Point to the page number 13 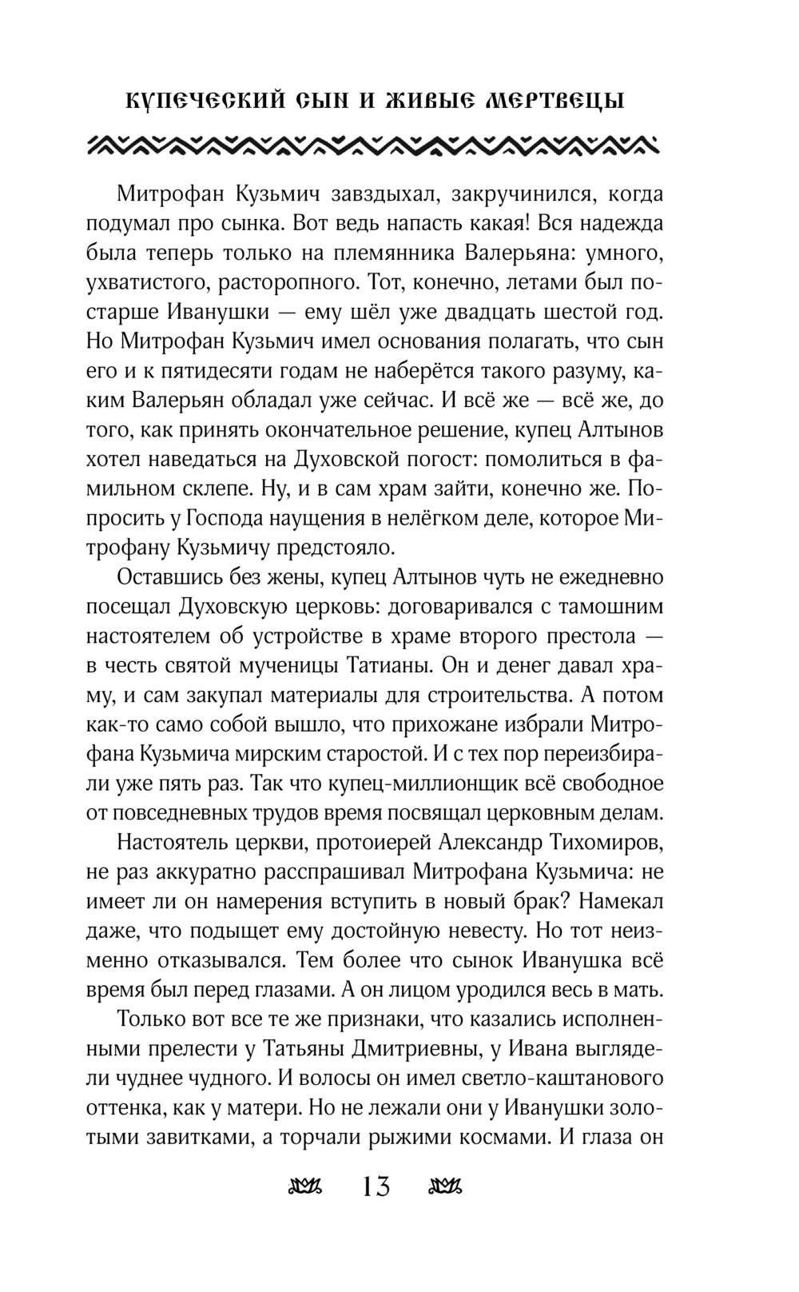[376, 1186]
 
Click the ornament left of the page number [304, 1186]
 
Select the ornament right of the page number [447, 1186]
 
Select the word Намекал [620, 901]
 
